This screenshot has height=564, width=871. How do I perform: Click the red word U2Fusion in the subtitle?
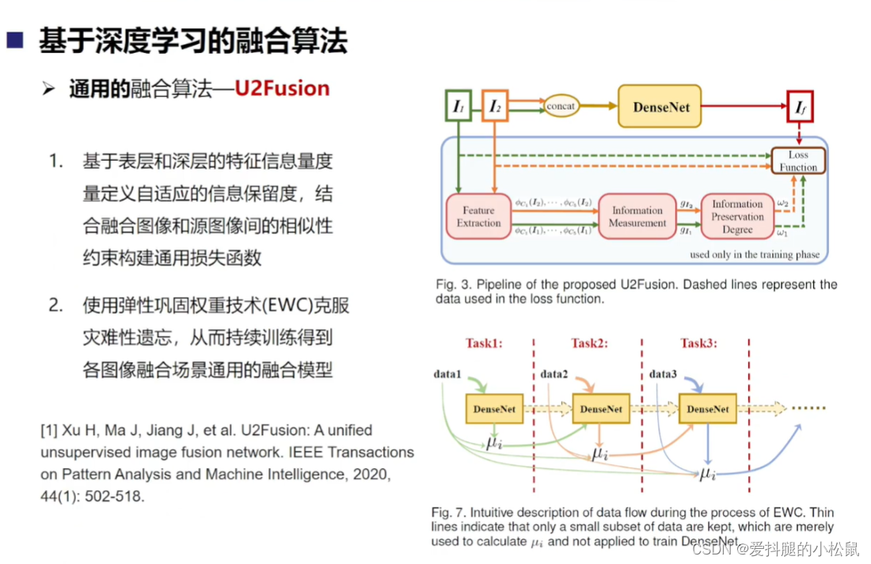[282, 88]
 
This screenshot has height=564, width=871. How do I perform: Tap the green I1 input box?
[458, 106]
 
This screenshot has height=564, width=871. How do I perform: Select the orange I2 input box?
[495, 106]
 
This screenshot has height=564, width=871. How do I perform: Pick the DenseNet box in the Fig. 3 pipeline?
[660, 106]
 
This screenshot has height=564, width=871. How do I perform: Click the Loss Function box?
[798, 161]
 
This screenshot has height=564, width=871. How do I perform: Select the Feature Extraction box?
[478, 216]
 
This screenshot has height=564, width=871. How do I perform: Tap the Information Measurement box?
[637, 216]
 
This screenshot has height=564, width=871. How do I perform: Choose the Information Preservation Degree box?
[737, 216]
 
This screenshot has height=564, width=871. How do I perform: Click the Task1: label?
[485, 344]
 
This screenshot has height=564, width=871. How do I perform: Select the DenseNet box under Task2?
[601, 410]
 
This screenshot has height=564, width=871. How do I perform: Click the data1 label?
[447, 372]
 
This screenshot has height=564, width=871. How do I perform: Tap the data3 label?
[663, 372]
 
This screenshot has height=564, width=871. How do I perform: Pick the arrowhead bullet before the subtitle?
[49, 89]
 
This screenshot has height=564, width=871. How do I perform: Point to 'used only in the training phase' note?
[755, 255]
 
